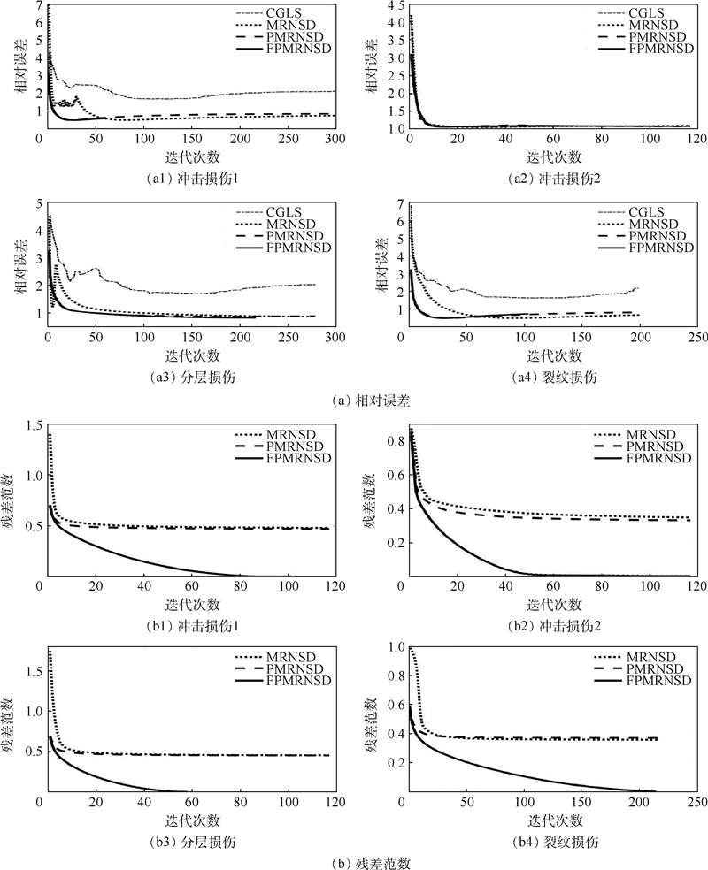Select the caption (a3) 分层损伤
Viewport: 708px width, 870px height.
click(x=188, y=377)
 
